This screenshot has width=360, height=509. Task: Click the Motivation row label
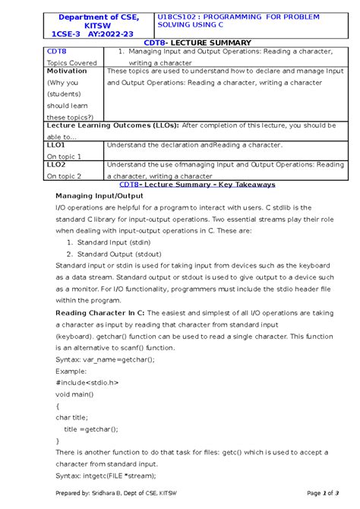(x=67, y=71)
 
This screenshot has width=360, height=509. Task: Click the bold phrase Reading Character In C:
(x=100, y=312)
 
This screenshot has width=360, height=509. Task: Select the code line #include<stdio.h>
(x=88, y=382)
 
